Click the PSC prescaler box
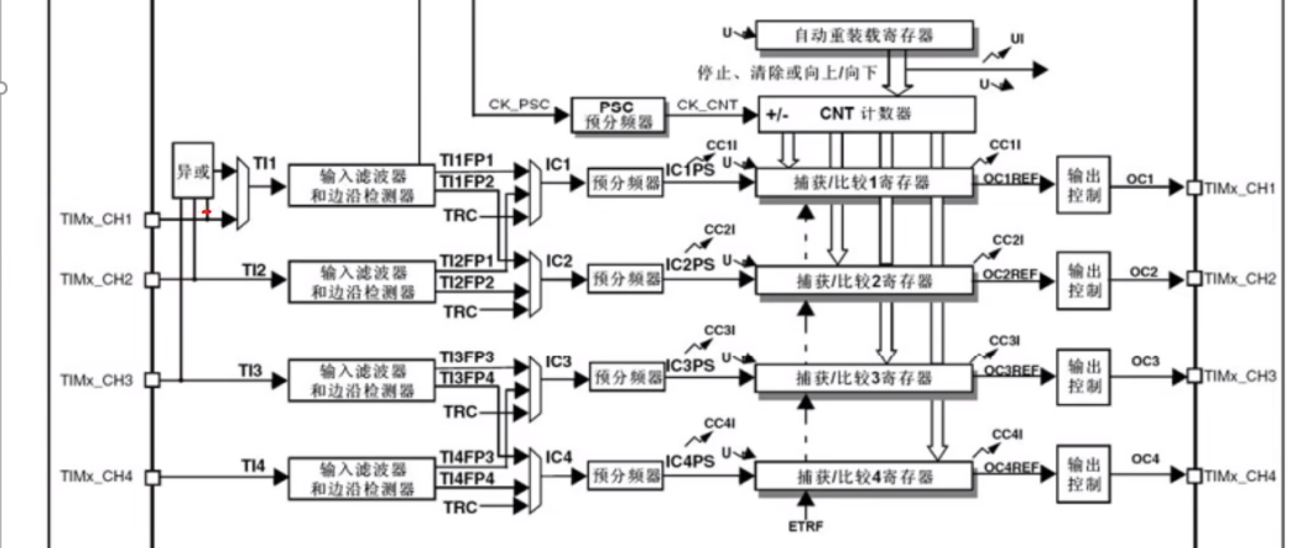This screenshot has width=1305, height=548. [618, 115]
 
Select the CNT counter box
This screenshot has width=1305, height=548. [866, 114]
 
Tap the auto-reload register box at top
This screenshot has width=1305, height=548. [864, 35]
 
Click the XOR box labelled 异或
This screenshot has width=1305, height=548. [193, 171]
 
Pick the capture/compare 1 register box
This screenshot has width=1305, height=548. [863, 183]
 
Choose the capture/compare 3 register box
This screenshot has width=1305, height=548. [863, 378]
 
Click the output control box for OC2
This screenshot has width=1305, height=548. [1083, 280]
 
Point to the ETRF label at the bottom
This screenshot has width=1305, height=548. [805, 526]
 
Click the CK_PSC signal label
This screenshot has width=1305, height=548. [519, 104]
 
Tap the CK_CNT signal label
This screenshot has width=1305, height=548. [707, 105]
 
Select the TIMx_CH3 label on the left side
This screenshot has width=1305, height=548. [96, 381]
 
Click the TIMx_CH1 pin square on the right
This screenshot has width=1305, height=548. [1193, 188]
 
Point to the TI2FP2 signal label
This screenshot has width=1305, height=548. [467, 282]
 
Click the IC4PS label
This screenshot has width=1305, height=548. [690, 462]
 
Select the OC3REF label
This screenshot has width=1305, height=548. [1011, 371]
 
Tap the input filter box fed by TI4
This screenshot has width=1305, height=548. [362, 479]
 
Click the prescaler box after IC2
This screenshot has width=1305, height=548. [626, 279]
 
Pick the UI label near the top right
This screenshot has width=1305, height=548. [1017, 39]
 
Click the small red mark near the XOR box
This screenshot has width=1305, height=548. [207, 212]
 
